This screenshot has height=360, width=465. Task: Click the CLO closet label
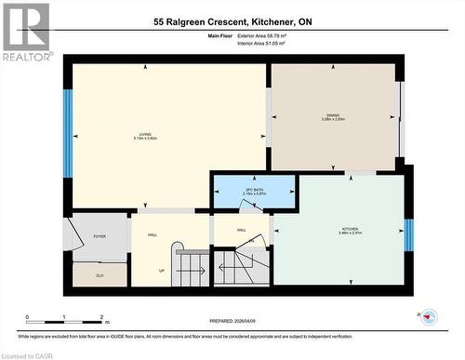[100, 275]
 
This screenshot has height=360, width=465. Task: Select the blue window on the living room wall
[67, 133]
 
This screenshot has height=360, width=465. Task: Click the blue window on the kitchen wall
[407, 234]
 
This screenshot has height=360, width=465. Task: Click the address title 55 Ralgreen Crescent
[232, 20]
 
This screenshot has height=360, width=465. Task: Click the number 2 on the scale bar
[101, 317]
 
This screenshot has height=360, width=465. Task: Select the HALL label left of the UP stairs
[152, 234]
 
